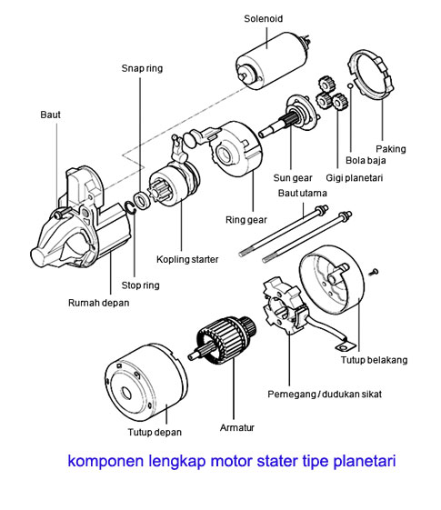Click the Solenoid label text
click(x=264, y=17)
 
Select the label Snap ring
click(x=143, y=68)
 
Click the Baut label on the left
click(x=51, y=115)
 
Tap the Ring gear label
click(x=246, y=220)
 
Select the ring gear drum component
click(x=234, y=152)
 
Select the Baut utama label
click(x=298, y=193)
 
